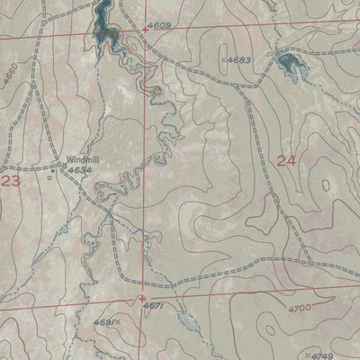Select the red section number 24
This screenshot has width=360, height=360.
point(286,162)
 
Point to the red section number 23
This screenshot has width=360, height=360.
point(11,181)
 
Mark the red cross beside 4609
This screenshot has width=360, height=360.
point(145,31)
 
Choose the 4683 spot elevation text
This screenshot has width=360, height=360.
point(239,60)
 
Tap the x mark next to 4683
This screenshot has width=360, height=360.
point(222,60)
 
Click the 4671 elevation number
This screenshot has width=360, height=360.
point(152,306)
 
